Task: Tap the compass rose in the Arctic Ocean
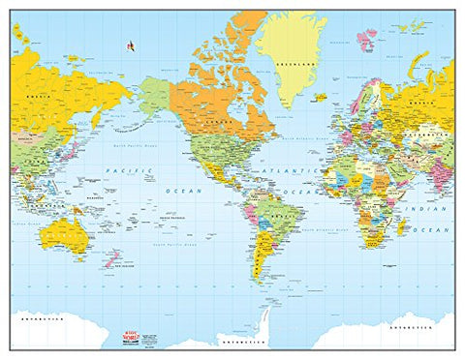(x=128, y=44)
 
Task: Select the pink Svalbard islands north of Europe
(x=364, y=39)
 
